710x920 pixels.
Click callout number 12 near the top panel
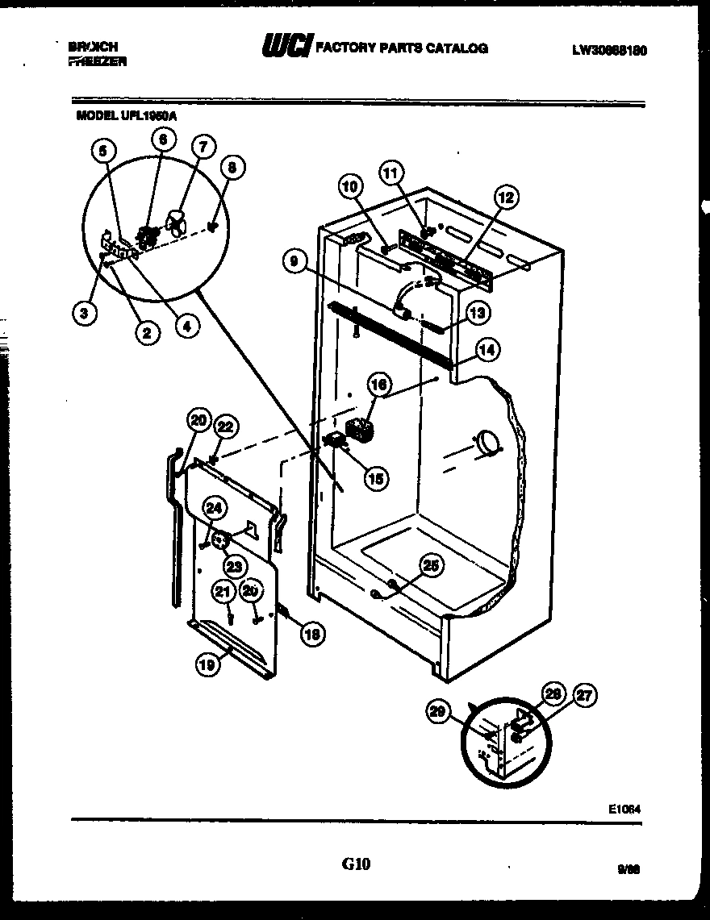coord(507,195)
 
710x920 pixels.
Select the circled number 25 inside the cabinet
coord(432,567)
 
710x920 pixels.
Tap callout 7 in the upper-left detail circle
coord(203,147)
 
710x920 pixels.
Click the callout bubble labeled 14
coord(488,349)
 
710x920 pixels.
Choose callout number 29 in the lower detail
coord(436,710)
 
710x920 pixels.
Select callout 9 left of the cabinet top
coord(294,260)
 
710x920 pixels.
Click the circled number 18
coord(311,634)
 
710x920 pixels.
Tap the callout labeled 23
coord(233,565)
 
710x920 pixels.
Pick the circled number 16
coord(379,385)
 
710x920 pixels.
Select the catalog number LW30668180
coord(609,50)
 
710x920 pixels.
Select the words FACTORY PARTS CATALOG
coord(401,48)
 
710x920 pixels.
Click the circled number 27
coord(583,694)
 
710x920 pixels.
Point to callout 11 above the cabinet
coord(391,172)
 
